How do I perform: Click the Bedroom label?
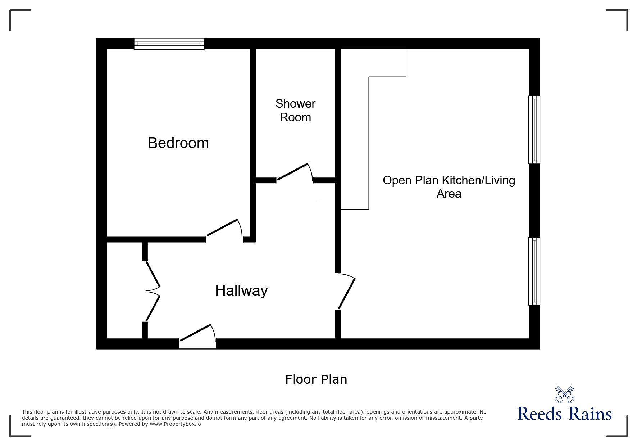click(x=178, y=143)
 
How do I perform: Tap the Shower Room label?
click(x=295, y=111)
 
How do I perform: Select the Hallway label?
click(x=241, y=290)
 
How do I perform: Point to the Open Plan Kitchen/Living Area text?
click(x=449, y=186)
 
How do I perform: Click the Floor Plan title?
click(x=316, y=379)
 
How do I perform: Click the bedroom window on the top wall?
click(x=169, y=44)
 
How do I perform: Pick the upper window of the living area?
click(x=534, y=130)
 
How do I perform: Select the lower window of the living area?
click(x=534, y=271)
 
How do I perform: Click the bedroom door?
click(x=223, y=228)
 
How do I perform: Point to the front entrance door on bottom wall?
click(x=197, y=335)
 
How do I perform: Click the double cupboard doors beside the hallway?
click(x=153, y=291)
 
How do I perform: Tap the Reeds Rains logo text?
click(x=564, y=414)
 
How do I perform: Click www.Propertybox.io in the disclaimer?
click(x=175, y=424)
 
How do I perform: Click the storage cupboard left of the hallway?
click(x=125, y=291)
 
